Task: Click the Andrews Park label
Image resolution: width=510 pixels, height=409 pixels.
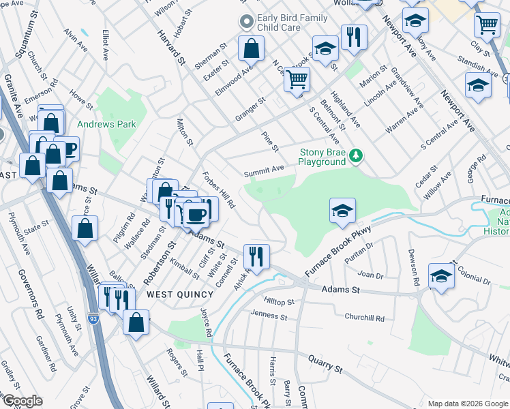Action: pos(106,124)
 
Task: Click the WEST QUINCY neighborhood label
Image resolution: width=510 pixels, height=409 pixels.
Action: pos(180,294)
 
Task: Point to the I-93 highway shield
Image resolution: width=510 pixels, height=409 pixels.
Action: pos(93,318)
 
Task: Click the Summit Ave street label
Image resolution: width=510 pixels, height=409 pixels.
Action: pos(265,168)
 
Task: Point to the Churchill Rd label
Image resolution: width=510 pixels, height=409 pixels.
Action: pos(364,318)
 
